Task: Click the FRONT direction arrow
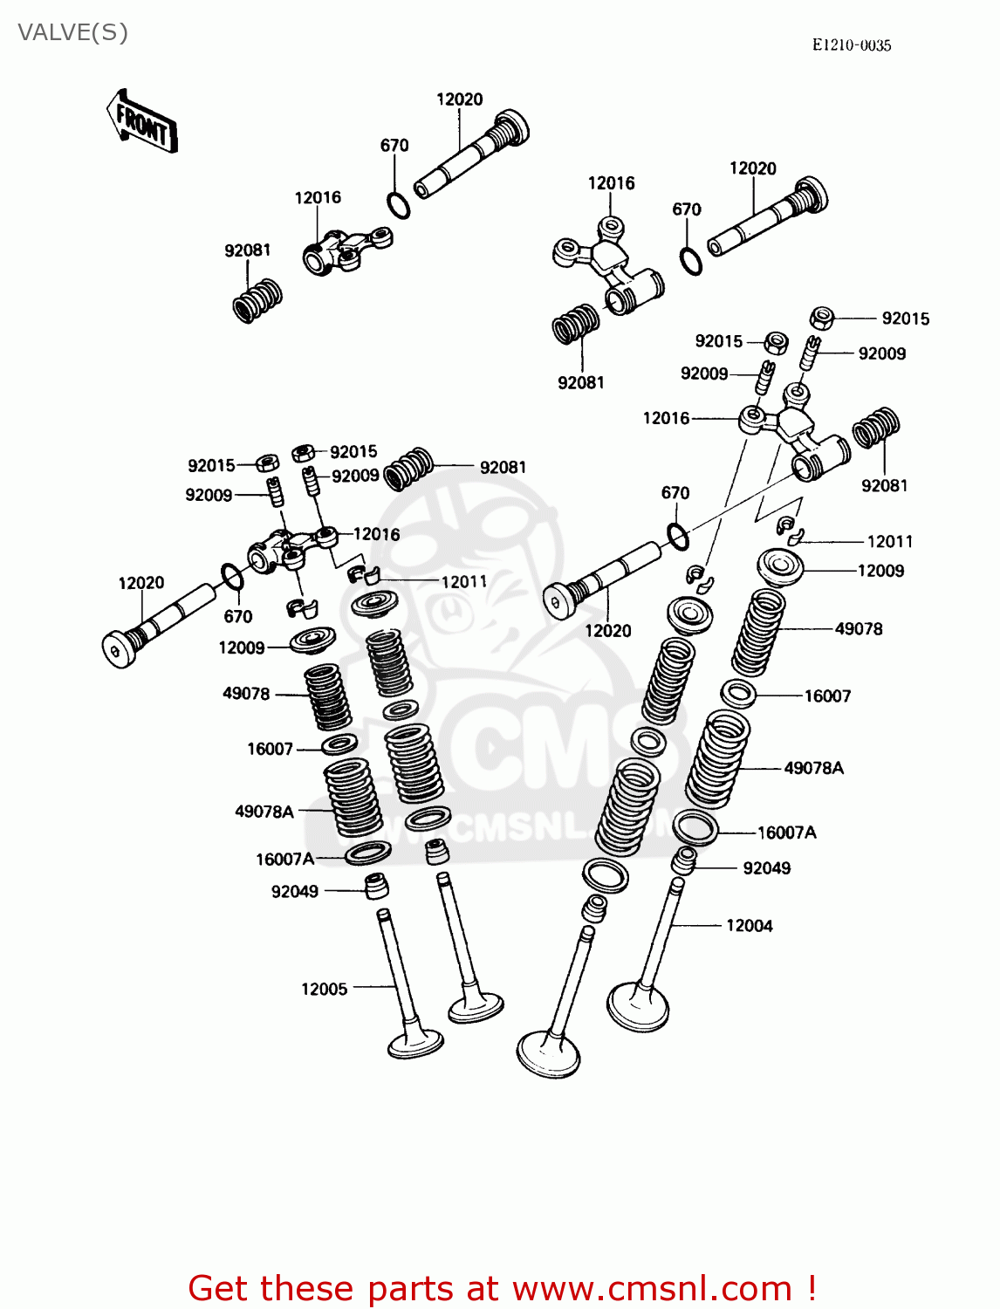tap(142, 123)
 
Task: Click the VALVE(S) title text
tap(73, 32)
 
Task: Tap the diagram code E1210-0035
tap(851, 45)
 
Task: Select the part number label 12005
tap(324, 989)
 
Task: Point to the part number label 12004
tap(749, 925)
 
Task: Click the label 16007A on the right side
tap(786, 833)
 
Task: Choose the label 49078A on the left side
tap(264, 811)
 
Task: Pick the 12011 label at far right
tap(889, 541)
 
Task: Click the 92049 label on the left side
tap(294, 891)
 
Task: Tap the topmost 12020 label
tap(459, 99)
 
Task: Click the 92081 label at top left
tap(247, 250)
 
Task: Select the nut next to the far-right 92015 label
tap(821, 318)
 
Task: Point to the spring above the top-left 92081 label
tap(257, 300)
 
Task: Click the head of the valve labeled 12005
tap(415, 1042)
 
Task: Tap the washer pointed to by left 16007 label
tap(339, 744)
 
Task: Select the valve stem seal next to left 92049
tap(377, 885)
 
